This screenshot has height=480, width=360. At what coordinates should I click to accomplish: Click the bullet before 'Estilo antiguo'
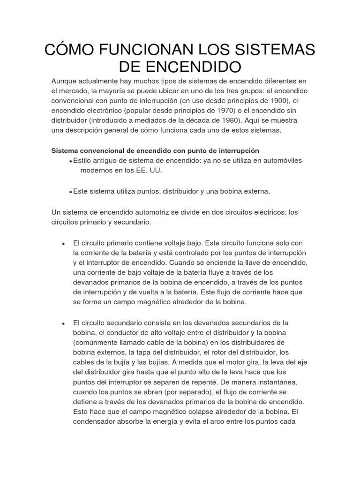70,161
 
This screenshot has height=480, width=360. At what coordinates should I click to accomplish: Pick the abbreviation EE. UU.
148,171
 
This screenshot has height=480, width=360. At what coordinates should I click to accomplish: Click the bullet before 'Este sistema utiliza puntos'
70,192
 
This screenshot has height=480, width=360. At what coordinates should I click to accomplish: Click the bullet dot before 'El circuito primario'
63,243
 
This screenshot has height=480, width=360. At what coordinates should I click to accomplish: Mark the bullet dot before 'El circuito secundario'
63,324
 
